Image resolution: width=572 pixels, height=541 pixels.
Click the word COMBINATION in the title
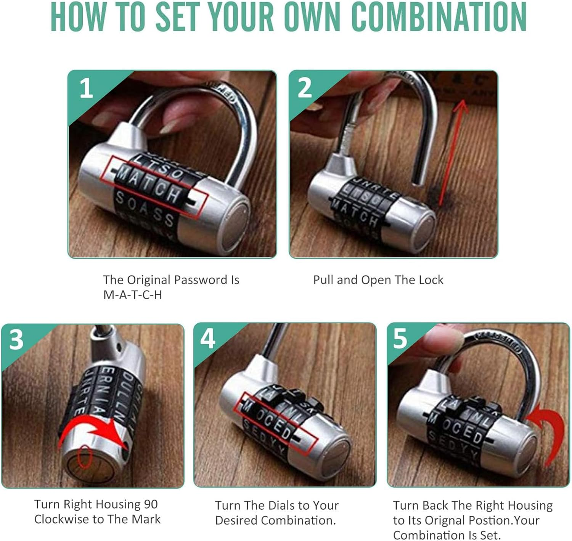pos(439,17)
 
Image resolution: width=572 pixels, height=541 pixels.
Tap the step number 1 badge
pos(86,88)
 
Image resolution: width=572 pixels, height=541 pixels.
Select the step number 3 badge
pos(16,339)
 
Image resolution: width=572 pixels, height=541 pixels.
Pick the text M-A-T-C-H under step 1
pos(132,295)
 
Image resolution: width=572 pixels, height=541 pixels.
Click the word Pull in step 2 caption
pos(323,280)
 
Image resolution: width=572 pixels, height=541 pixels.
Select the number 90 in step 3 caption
pos(151,504)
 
